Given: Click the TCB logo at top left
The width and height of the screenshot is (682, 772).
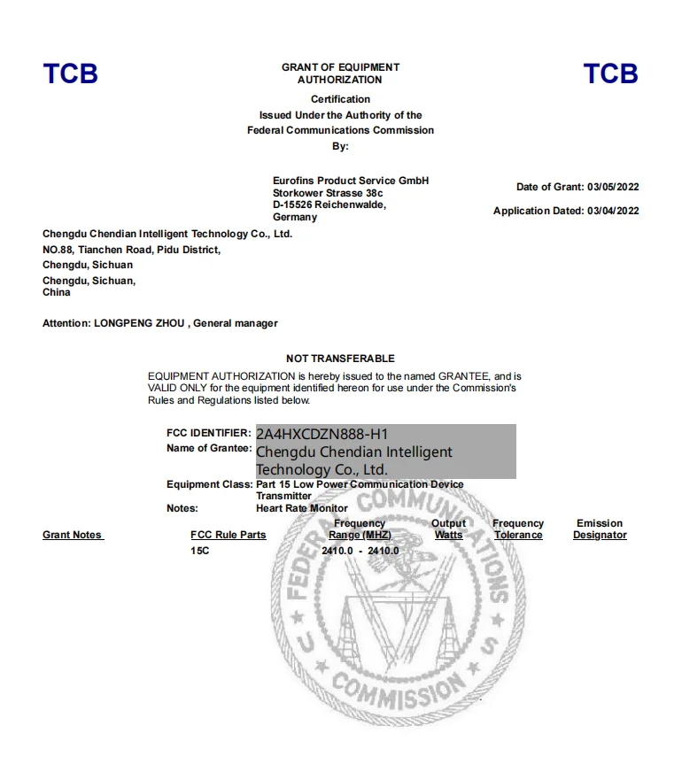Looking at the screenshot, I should pos(70,73).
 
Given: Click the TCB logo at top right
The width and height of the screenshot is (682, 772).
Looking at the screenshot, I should pos(610,73).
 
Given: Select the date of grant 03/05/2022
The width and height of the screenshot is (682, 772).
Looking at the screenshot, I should pos(613,187).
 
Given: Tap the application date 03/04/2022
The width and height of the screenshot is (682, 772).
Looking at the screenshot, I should pos(613,211).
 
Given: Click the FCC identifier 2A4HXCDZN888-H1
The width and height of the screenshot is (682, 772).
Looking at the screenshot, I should pos(322,434).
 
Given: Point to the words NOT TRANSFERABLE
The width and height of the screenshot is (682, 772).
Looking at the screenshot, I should pos(340,359).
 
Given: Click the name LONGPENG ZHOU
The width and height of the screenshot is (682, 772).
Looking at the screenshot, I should pos(139,323).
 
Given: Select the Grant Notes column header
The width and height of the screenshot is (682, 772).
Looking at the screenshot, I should pos(73,535).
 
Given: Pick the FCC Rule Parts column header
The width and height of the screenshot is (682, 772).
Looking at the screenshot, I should pos(229,535).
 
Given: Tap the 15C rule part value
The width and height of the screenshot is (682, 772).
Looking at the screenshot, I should pos(200,551).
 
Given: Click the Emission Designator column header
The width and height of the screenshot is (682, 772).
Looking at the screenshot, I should pos(600,529).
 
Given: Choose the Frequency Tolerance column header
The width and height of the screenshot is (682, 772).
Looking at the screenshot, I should pos(518,529).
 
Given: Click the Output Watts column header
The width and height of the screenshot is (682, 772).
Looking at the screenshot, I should pos(448,529).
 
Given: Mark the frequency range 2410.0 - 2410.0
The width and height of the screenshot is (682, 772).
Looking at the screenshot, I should pos(360,551).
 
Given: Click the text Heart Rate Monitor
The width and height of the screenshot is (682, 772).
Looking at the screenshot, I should pos(302,508).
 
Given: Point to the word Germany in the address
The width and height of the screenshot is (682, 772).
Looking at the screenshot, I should pos(295,217).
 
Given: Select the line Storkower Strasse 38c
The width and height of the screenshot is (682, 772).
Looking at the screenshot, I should pos(318,192).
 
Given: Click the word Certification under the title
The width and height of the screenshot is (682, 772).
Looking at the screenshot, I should pos(340,99).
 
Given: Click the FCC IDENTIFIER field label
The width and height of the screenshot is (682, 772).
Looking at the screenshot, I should pos(208,433).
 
